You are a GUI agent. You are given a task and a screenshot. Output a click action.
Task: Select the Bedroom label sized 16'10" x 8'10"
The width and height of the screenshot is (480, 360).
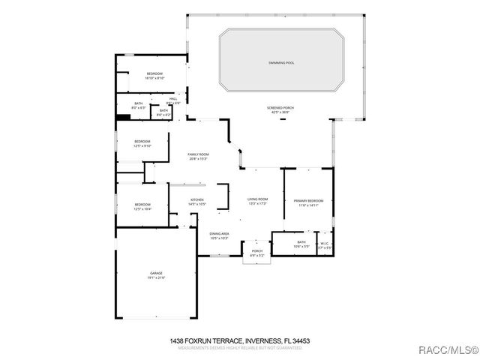[x=154, y=74]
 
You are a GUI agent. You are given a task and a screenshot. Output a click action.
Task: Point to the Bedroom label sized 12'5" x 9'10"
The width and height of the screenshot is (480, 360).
[x=142, y=142]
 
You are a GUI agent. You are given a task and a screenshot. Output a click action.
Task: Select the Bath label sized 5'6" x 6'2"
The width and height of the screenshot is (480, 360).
[x=163, y=112]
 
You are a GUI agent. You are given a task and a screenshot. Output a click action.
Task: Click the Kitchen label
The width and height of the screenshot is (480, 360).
[x=197, y=200]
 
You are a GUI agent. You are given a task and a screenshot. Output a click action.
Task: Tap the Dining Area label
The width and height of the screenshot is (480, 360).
[x=219, y=235]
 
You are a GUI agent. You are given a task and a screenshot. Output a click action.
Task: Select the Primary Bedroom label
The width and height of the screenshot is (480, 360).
[x=308, y=201]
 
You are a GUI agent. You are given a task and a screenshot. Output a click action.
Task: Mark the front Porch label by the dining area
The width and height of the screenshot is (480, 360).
[x=256, y=252]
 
